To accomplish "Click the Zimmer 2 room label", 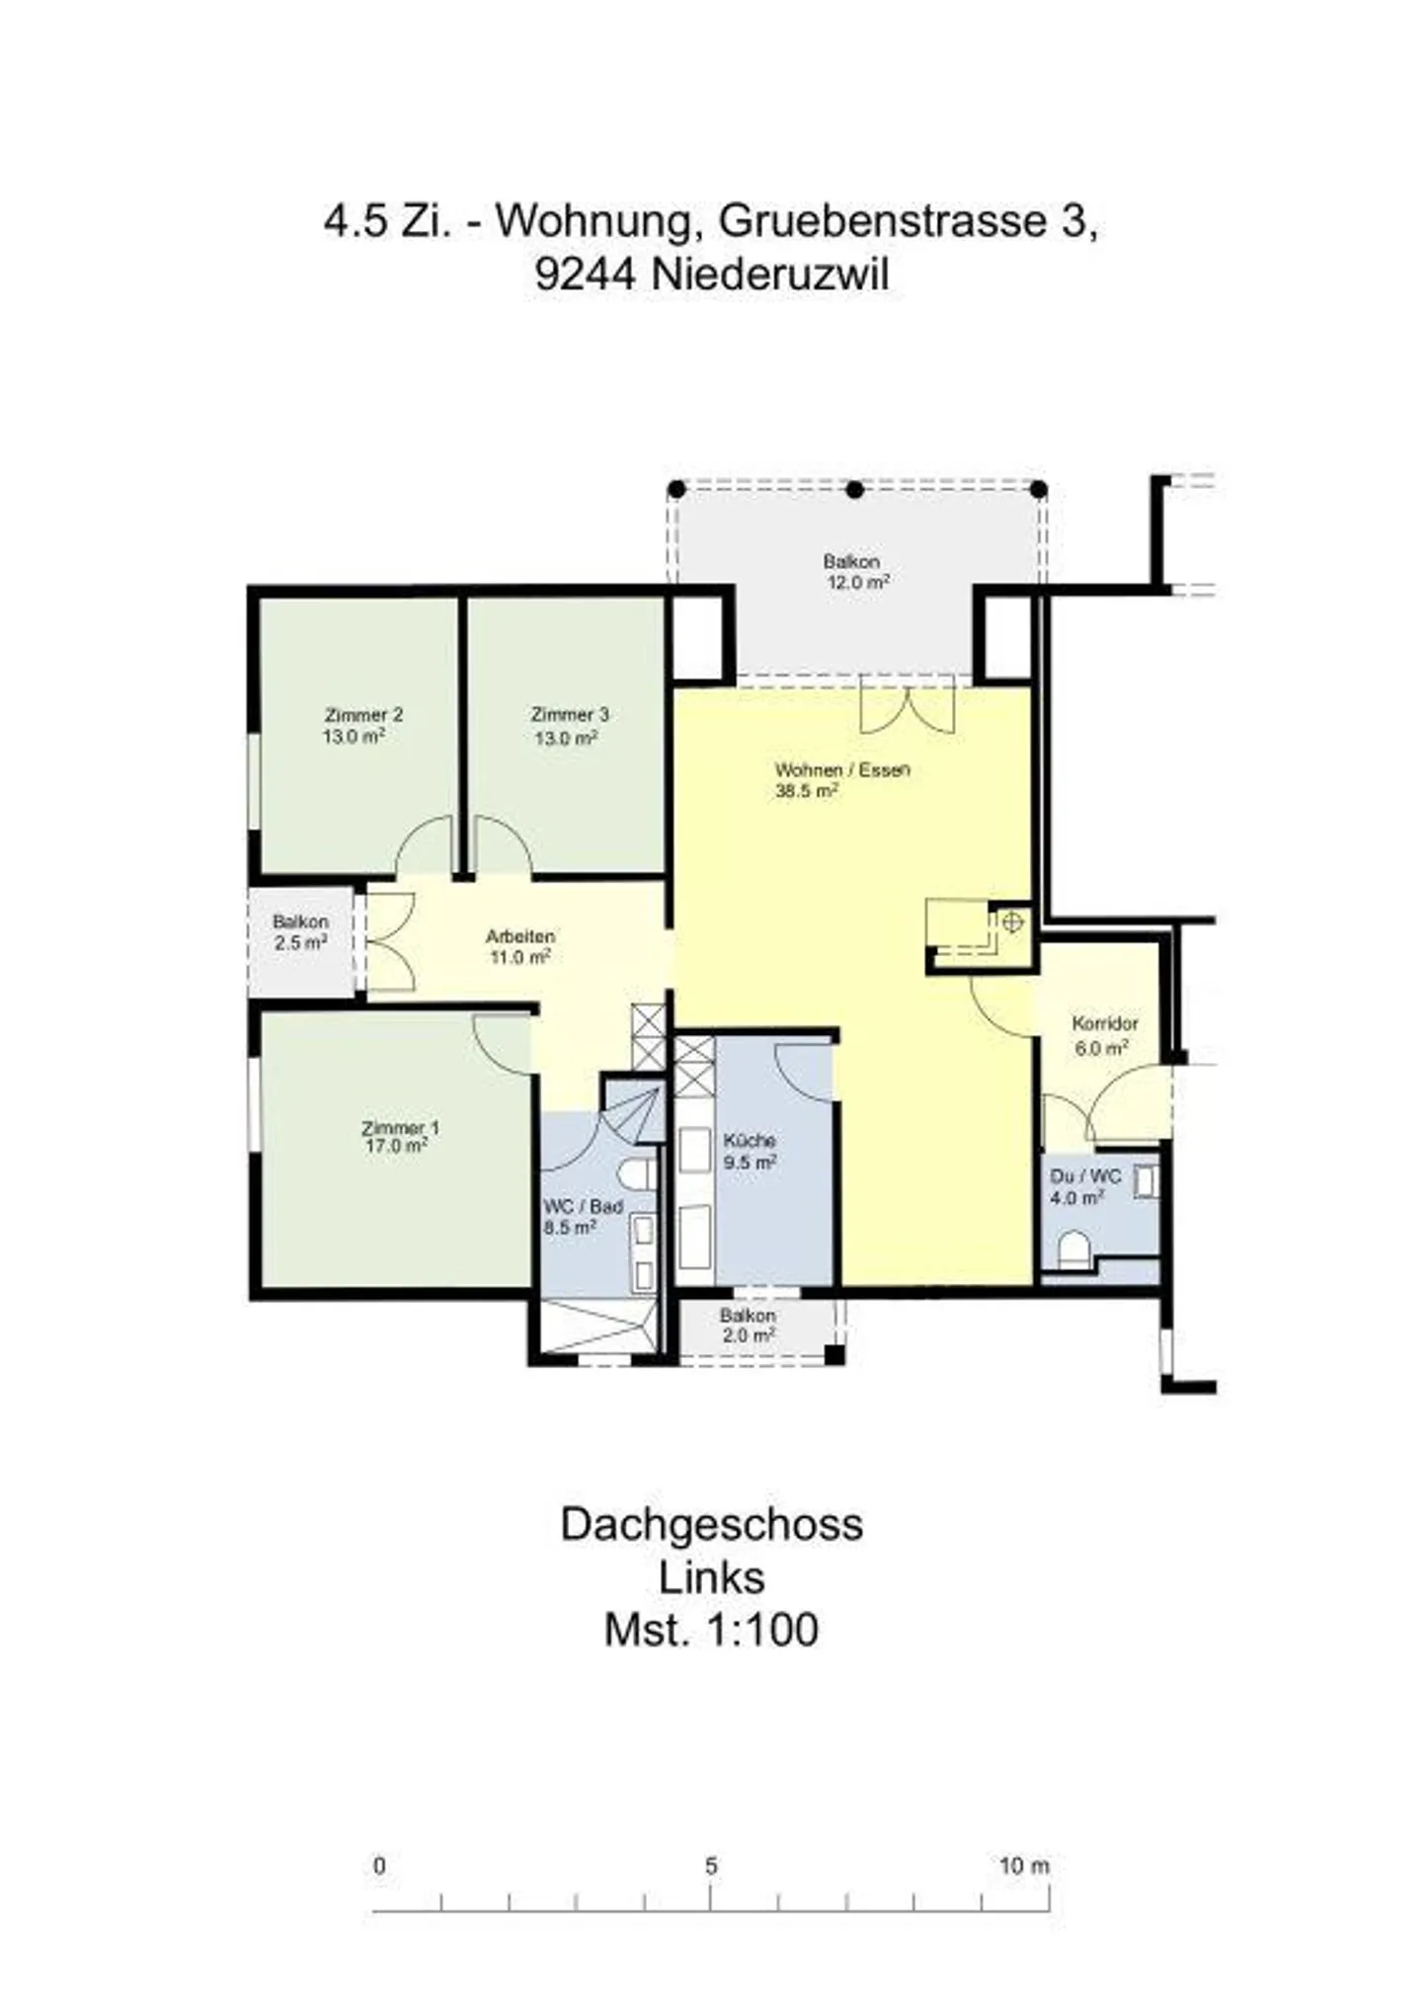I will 362,715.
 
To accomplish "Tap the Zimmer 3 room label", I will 570,715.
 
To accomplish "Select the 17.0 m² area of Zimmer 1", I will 396,1147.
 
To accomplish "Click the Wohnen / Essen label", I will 841,769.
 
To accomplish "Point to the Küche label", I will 749,1140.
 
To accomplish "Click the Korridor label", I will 1105,1024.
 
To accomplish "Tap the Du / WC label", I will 1085,1176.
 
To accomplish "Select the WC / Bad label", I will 583,1207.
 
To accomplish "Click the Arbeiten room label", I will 519,935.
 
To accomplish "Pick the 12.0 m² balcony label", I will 857,583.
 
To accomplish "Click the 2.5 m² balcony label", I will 300,943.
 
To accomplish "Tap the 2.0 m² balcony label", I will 748,1335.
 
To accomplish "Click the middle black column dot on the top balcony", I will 855,490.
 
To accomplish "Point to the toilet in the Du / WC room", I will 1073,1251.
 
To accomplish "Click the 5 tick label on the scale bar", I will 711,1866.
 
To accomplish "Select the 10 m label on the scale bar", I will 1024,1866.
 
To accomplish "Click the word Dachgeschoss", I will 711,1525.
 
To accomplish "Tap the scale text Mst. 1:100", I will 711,1631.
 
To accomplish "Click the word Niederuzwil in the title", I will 769,275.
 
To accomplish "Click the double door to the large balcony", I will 908,706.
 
